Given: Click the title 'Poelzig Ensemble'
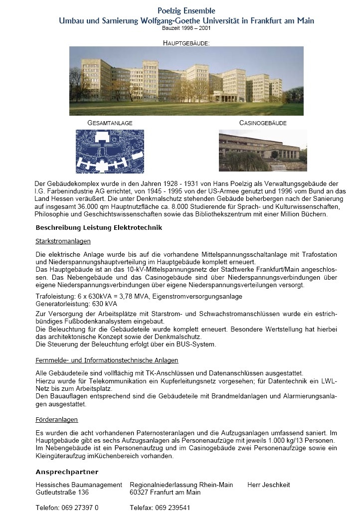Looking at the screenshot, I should [x=186, y=10].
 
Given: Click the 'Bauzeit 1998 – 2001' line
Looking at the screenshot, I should [x=186, y=28].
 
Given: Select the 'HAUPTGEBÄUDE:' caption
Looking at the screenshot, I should [x=186, y=43].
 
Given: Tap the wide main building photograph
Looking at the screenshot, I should [x=186, y=81].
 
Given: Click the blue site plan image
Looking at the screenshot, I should [x=110, y=151].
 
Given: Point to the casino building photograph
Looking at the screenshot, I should [x=263, y=151].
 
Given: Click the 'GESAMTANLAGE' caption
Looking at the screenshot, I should [x=110, y=123].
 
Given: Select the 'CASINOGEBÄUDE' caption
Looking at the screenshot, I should [x=263, y=123].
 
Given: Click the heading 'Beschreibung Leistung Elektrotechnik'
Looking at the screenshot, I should [x=99, y=228].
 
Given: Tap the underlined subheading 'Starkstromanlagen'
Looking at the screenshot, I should [x=63, y=241].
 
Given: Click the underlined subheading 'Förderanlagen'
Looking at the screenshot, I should [x=56, y=420].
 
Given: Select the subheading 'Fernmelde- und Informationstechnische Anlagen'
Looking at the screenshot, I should [x=107, y=360].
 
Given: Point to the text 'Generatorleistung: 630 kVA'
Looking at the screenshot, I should [x=76, y=303].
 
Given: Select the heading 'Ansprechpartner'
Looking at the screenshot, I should [x=67, y=472].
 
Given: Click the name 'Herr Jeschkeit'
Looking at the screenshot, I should [x=268, y=485].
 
